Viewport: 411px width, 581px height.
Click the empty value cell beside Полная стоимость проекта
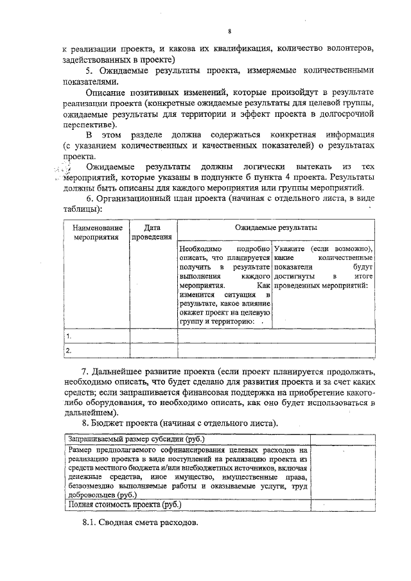344,505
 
